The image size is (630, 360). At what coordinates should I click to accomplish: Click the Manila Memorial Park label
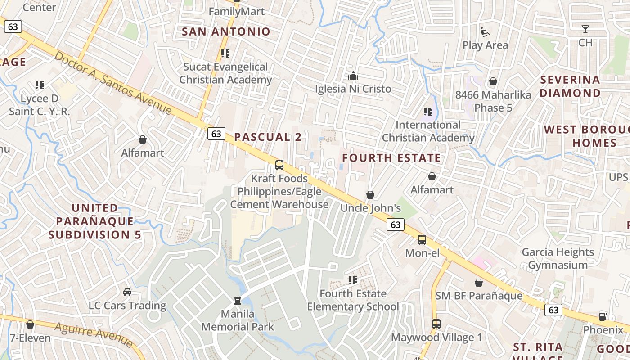pyautogui.click(x=238, y=320)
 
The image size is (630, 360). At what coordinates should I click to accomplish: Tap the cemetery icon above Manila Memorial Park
pyautogui.click(x=238, y=300)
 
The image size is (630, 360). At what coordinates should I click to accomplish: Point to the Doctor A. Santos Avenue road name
pyautogui.click(x=113, y=83)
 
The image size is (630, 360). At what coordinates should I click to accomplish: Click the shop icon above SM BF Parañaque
pyautogui.click(x=479, y=283)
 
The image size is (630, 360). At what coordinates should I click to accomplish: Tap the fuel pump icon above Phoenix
pyautogui.click(x=603, y=316)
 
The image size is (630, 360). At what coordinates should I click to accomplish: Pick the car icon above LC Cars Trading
pyautogui.click(x=127, y=292)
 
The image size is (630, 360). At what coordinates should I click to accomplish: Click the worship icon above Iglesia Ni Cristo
pyautogui.click(x=353, y=76)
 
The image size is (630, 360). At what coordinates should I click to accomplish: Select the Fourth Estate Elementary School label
pyautogui.click(x=353, y=300)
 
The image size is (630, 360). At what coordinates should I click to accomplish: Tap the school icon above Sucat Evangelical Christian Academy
pyautogui.click(x=225, y=54)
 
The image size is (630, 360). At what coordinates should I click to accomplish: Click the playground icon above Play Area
pyautogui.click(x=485, y=32)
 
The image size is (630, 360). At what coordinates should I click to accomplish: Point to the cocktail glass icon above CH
pyautogui.click(x=585, y=30)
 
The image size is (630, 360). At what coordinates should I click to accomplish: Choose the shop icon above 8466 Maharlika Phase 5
pyautogui.click(x=493, y=81)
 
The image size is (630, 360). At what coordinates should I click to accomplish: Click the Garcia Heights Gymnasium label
pyautogui.click(x=558, y=258)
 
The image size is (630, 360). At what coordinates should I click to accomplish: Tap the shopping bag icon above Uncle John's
pyautogui.click(x=370, y=195)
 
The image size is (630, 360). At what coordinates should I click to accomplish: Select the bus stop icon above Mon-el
pyautogui.click(x=422, y=240)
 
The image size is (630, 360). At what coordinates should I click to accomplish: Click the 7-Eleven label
pyautogui.click(x=30, y=337)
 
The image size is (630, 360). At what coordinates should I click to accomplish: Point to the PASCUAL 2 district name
pyautogui.click(x=268, y=137)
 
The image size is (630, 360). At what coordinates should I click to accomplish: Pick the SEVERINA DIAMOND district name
pyautogui.click(x=570, y=86)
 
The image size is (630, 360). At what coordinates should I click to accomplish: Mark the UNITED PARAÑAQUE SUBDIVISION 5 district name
pyautogui.click(x=95, y=221)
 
